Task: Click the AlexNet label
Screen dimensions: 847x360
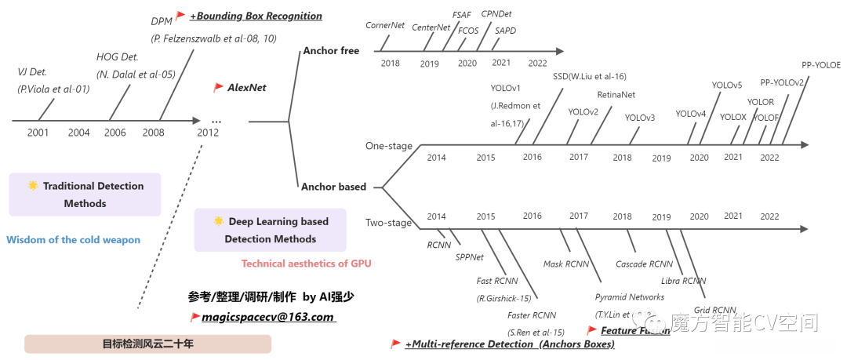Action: (x=246, y=88)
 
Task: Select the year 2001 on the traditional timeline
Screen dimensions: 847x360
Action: (x=38, y=133)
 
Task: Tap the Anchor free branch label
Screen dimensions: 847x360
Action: (x=330, y=51)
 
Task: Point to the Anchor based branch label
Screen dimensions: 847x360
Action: (x=333, y=187)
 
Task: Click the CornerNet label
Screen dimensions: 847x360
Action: (x=385, y=26)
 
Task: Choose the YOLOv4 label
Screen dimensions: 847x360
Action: (x=690, y=114)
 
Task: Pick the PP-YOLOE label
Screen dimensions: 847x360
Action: (x=820, y=65)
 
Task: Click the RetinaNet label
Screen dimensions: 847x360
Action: (x=616, y=95)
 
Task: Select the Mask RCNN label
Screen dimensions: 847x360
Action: (x=567, y=264)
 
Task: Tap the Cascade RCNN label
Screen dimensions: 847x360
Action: (x=644, y=264)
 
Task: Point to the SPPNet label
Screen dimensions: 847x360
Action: (x=470, y=256)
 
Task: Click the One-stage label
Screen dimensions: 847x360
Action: (x=388, y=146)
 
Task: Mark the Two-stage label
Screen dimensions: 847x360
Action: (x=388, y=223)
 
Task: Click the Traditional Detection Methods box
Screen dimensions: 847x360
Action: (x=85, y=195)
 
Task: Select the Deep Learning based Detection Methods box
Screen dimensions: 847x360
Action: (x=271, y=230)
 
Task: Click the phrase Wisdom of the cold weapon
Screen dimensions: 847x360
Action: (x=74, y=240)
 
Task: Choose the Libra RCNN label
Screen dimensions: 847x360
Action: (x=682, y=281)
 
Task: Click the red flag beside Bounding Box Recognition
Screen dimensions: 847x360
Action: (x=180, y=16)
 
